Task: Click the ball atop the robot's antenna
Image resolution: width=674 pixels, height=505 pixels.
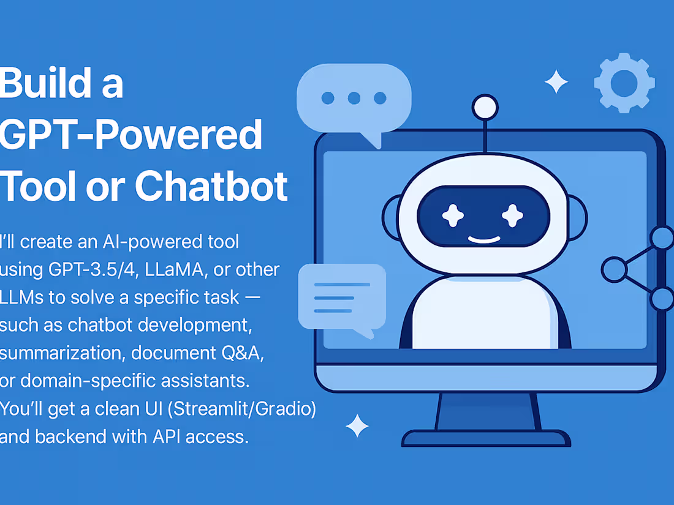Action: click(x=485, y=107)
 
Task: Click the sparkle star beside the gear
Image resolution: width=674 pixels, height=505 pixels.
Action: click(x=556, y=82)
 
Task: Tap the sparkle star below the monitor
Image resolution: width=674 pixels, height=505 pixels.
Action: click(x=357, y=425)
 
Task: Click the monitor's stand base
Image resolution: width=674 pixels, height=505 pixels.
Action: click(x=486, y=438)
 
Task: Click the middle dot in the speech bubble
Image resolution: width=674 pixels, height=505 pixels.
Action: click(x=354, y=97)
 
